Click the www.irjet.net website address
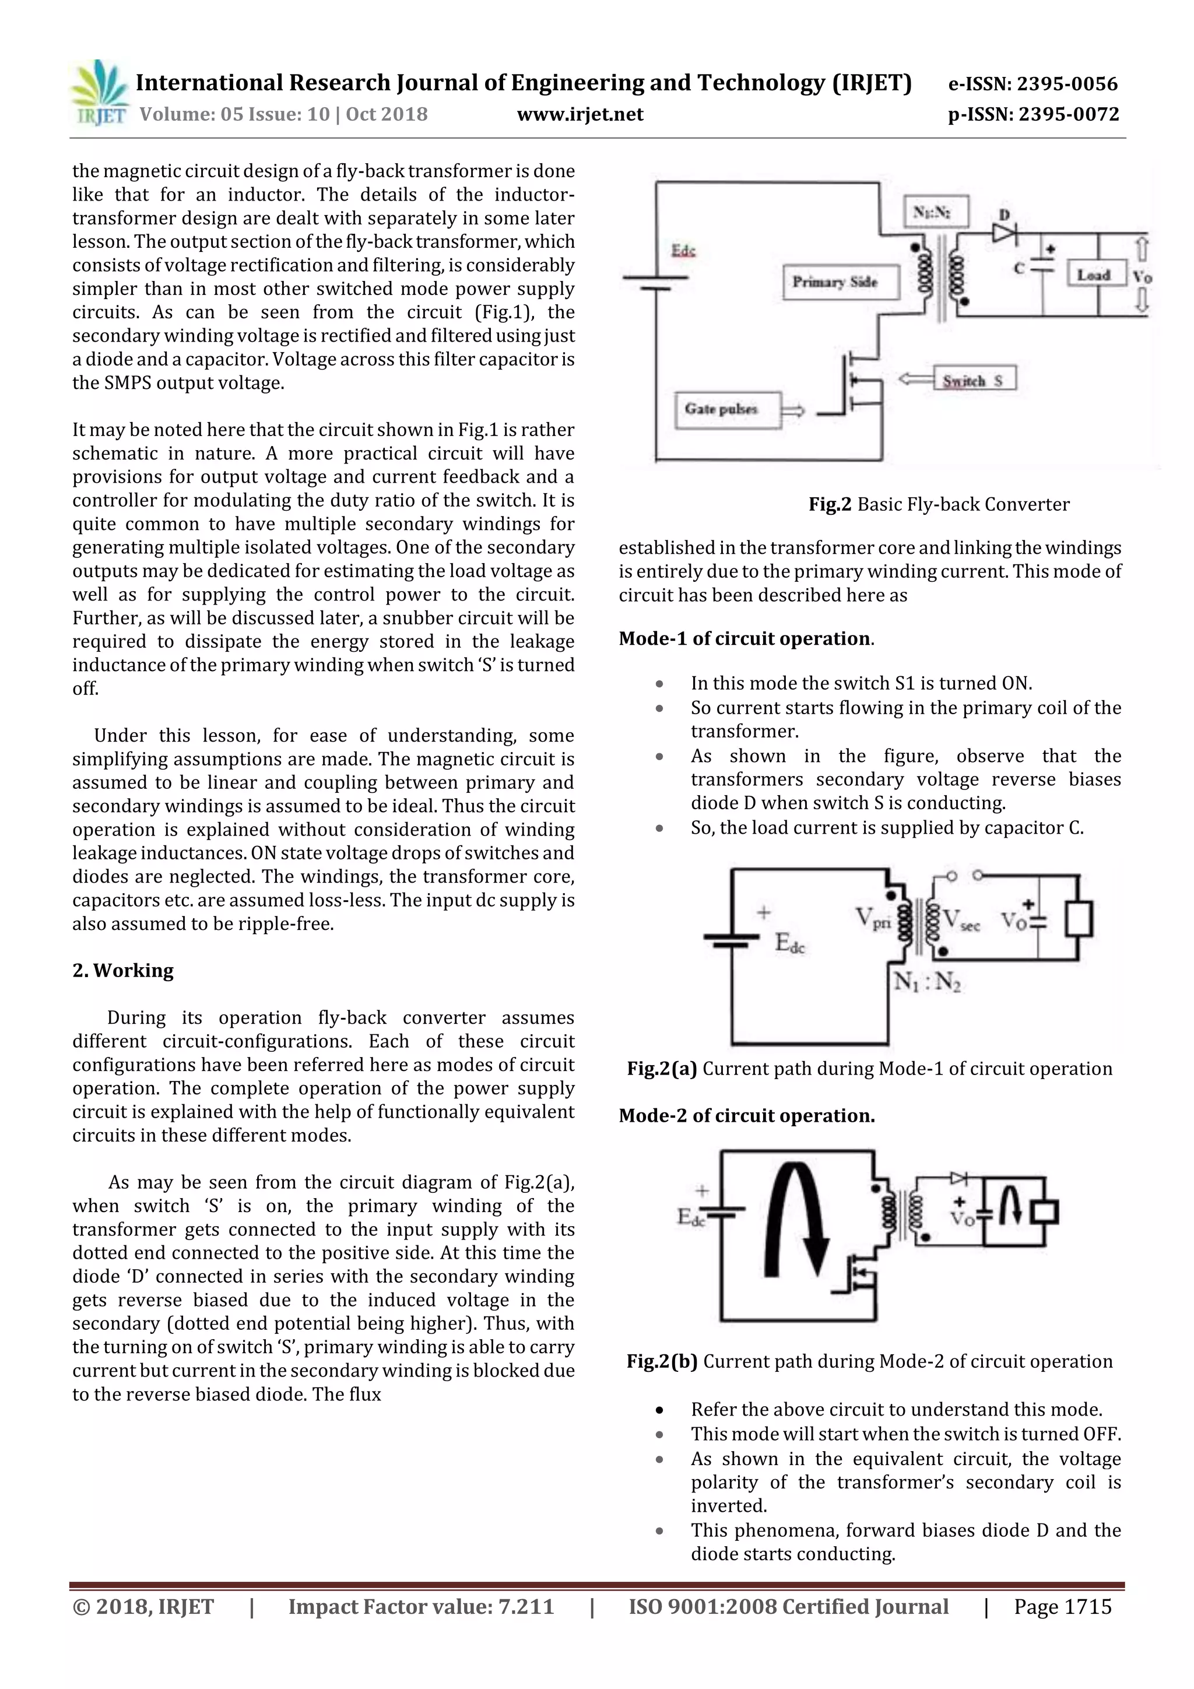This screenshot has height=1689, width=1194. pos(580,114)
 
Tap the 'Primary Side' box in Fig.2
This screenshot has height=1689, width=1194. pos(840,282)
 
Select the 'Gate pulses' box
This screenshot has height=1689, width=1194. pos(726,410)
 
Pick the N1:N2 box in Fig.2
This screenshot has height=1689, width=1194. pos(936,212)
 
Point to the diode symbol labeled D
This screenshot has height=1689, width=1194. pos(1003,233)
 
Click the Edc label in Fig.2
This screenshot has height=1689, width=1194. pos(683,251)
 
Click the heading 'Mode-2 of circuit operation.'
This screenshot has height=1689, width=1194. pos(746,1115)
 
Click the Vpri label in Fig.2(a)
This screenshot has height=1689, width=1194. pos(873,919)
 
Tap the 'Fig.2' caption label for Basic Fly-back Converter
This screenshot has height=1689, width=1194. pos(829,505)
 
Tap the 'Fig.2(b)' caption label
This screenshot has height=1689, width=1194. pos(661,1361)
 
